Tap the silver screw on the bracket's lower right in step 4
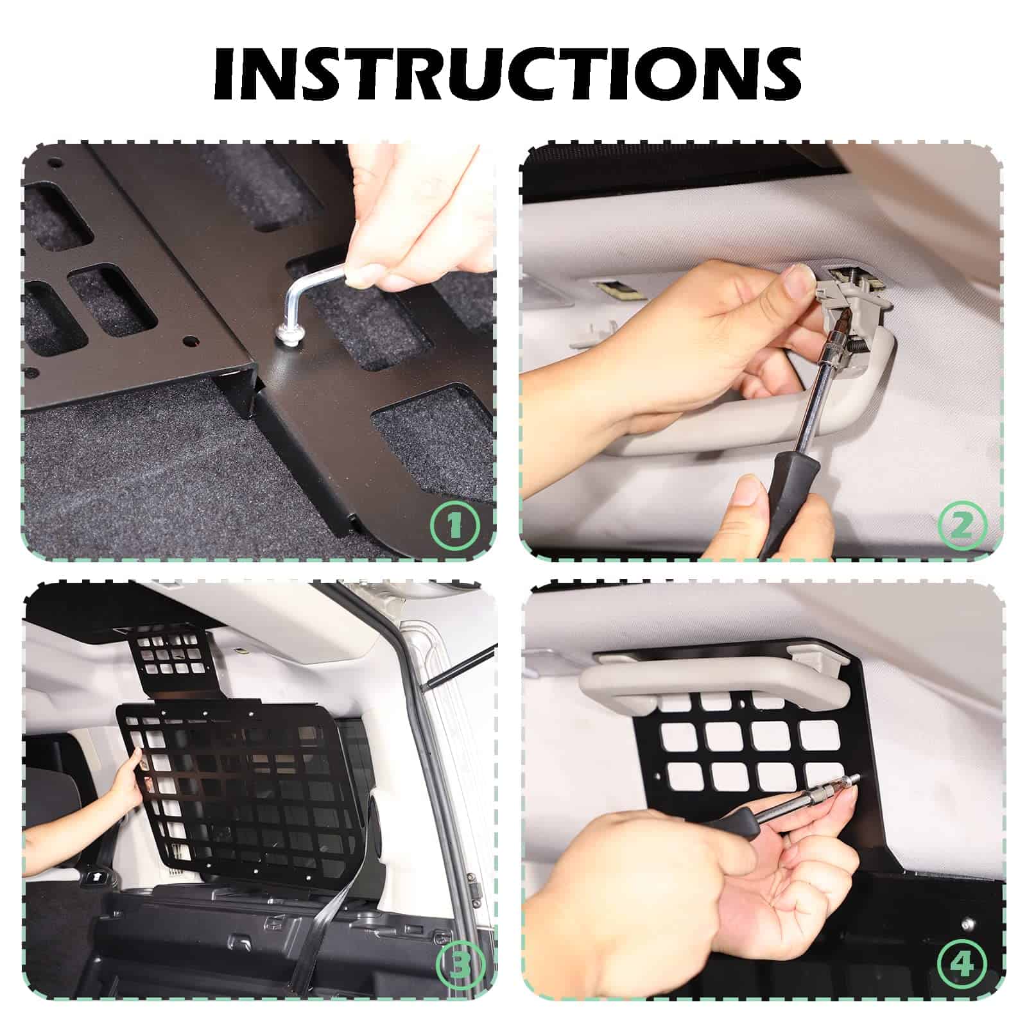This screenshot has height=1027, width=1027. click(x=967, y=926)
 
